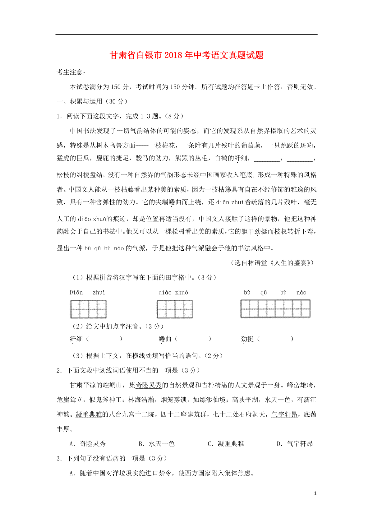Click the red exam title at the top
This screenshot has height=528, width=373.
(x=186, y=55)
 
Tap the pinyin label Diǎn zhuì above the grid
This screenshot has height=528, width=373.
(x=87, y=293)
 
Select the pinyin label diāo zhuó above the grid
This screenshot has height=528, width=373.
(x=173, y=293)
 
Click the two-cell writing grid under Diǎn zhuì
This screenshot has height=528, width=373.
(x=89, y=309)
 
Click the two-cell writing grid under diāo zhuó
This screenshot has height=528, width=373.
(x=175, y=309)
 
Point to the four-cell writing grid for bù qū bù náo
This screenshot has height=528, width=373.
(x=275, y=309)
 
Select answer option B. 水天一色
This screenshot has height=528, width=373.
(x=157, y=444)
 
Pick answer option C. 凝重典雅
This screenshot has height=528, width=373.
(x=226, y=444)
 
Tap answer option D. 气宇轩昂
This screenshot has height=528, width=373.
(x=295, y=444)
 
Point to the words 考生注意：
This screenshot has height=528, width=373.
(x=71, y=72)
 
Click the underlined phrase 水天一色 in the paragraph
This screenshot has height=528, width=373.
(x=277, y=400)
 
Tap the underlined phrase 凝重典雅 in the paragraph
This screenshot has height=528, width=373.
(x=89, y=415)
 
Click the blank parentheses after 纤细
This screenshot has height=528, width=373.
(x=104, y=339)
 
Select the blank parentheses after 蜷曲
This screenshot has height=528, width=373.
(x=193, y=339)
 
